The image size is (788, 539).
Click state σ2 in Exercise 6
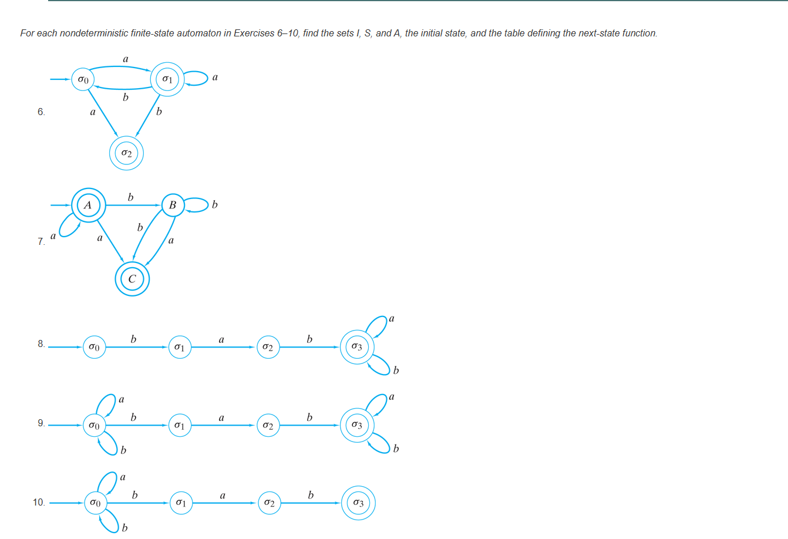coord(126,154)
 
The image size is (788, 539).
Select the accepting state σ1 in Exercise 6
coord(167,79)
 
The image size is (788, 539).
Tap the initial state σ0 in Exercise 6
coord(83,79)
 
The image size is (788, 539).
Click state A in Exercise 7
coord(88,205)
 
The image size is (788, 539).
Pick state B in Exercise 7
coord(173,205)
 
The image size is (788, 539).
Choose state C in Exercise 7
coord(132,279)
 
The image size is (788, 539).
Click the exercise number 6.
coord(41,112)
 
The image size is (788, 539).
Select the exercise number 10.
coord(39,502)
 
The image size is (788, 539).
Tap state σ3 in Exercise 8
coord(356,347)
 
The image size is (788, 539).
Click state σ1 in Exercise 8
coord(180,347)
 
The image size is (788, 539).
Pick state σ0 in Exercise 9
coord(94,425)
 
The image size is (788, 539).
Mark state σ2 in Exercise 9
coord(268,425)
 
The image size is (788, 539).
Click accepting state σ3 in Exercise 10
coord(358,503)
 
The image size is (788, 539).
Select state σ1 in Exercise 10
coord(181,503)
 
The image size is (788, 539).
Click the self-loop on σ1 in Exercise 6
coord(198,78)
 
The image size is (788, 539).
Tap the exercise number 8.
coord(41,343)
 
